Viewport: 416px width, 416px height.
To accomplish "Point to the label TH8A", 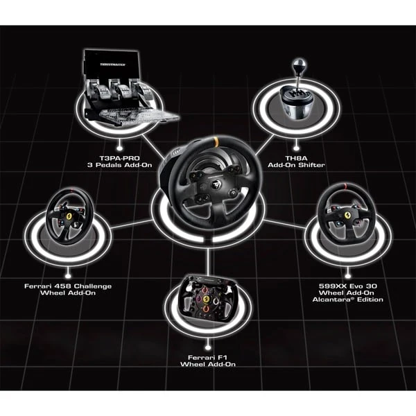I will [295, 157].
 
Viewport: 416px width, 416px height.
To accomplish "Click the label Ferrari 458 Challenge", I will [67, 286].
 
